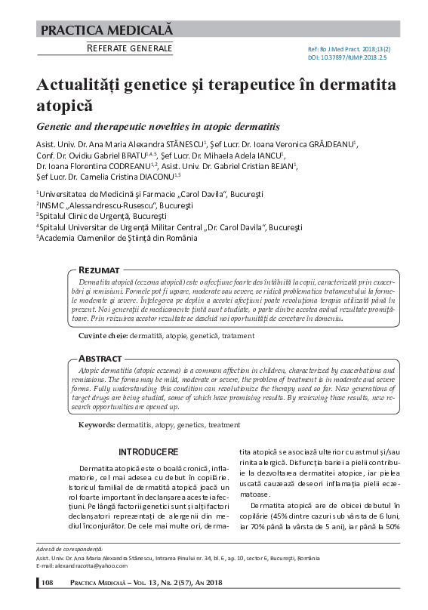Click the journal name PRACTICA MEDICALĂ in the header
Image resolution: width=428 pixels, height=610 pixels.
(x=106, y=31)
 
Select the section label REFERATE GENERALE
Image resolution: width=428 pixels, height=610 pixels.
(x=129, y=49)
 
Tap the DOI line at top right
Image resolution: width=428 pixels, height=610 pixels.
(x=346, y=57)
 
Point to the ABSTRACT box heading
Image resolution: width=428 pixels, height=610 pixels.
(x=100, y=358)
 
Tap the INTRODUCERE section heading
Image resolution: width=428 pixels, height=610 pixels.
(x=149, y=452)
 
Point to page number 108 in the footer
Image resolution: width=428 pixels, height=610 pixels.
(x=47, y=582)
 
